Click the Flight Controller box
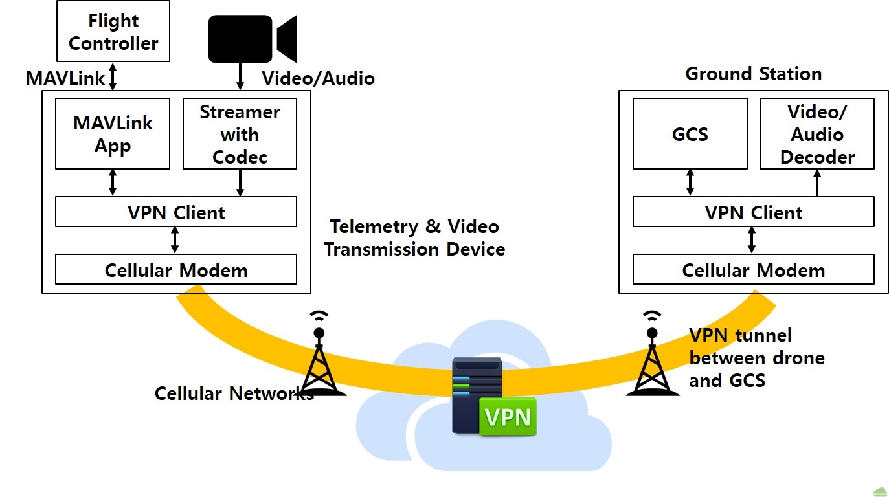pyautogui.click(x=113, y=32)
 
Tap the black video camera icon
pyautogui.click(x=252, y=39)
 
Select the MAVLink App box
pyautogui.click(x=113, y=134)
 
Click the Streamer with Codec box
pyautogui.click(x=240, y=134)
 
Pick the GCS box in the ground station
pyautogui.click(x=690, y=134)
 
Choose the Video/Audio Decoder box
pyautogui.click(x=816, y=134)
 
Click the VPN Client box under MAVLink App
pyautogui.click(x=175, y=212)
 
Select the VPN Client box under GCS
pyautogui.click(x=753, y=212)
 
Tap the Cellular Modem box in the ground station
pyautogui.click(x=753, y=269)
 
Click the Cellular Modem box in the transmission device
pyautogui.click(x=175, y=269)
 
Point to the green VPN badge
pyautogui.click(x=508, y=417)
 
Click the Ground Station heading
pyautogui.click(x=753, y=74)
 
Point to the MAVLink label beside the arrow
pyautogui.click(x=65, y=78)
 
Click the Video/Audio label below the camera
pyautogui.click(x=318, y=78)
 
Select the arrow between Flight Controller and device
pyautogui.click(x=113, y=76)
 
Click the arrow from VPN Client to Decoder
pyautogui.click(x=817, y=183)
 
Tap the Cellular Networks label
pyautogui.click(x=234, y=393)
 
